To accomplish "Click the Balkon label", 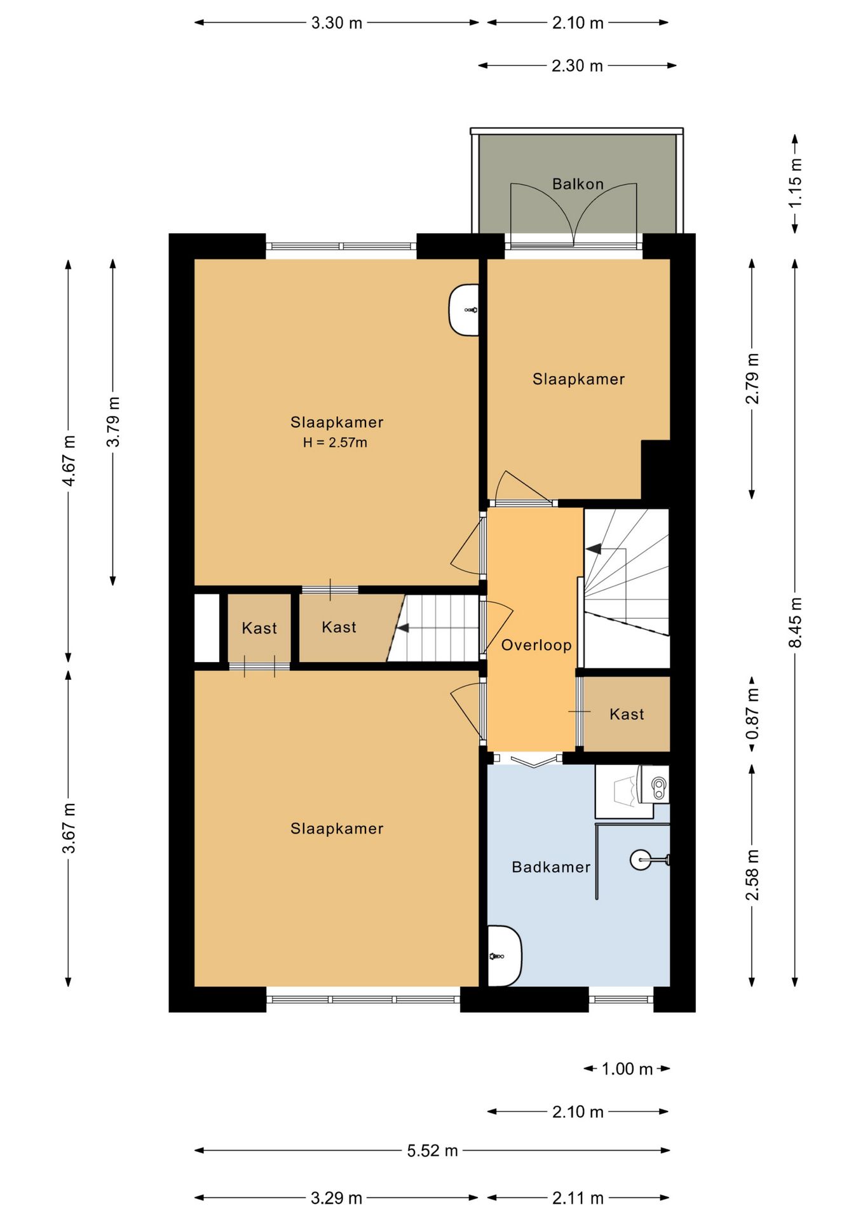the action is (577, 184).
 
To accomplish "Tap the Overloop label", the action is (536, 646).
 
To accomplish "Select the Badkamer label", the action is (551, 867).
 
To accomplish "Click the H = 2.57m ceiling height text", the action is (335, 443).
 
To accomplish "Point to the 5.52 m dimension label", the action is (432, 1151).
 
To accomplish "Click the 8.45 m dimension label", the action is (795, 623).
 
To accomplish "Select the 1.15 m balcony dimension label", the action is (795, 182).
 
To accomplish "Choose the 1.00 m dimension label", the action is (627, 1069).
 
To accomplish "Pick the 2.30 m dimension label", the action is (577, 65).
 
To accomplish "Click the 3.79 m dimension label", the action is (113, 422).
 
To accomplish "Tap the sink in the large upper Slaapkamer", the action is (464, 310).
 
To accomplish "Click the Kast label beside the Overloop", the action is (627, 714).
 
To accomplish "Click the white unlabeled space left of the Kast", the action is (207, 628).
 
